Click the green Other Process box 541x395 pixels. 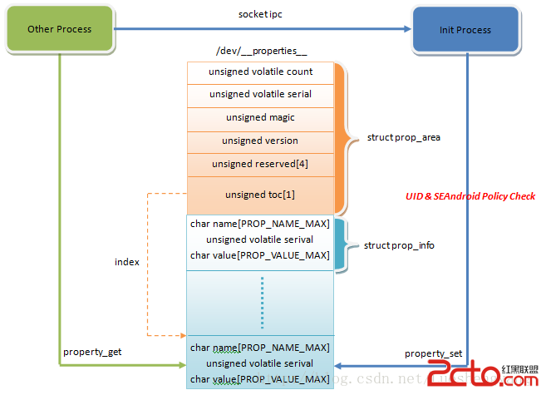tap(59, 29)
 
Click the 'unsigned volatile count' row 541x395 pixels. tap(260, 72)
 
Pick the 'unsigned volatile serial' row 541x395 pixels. tap(260, 95)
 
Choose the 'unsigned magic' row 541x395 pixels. tap(260, 118)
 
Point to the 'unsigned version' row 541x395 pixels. tap(260, 141)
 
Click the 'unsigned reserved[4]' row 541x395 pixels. tap(260, 164)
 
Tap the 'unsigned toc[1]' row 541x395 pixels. tap(260, 195)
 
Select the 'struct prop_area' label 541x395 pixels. tap(403, 137)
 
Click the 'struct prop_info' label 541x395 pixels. tap(399, 245)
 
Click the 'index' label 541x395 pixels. tap(126, 262)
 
